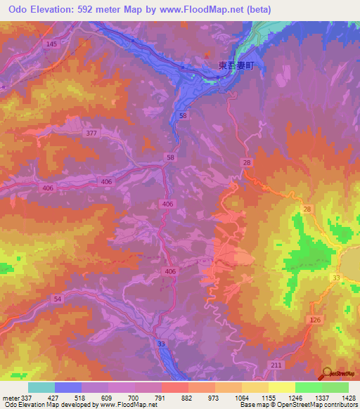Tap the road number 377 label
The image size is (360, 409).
[x=90, y=133]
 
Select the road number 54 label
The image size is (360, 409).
[x=57, y=299]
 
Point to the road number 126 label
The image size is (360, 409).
[x=314, y=320]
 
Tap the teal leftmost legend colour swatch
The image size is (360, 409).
[x=41, y=388]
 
